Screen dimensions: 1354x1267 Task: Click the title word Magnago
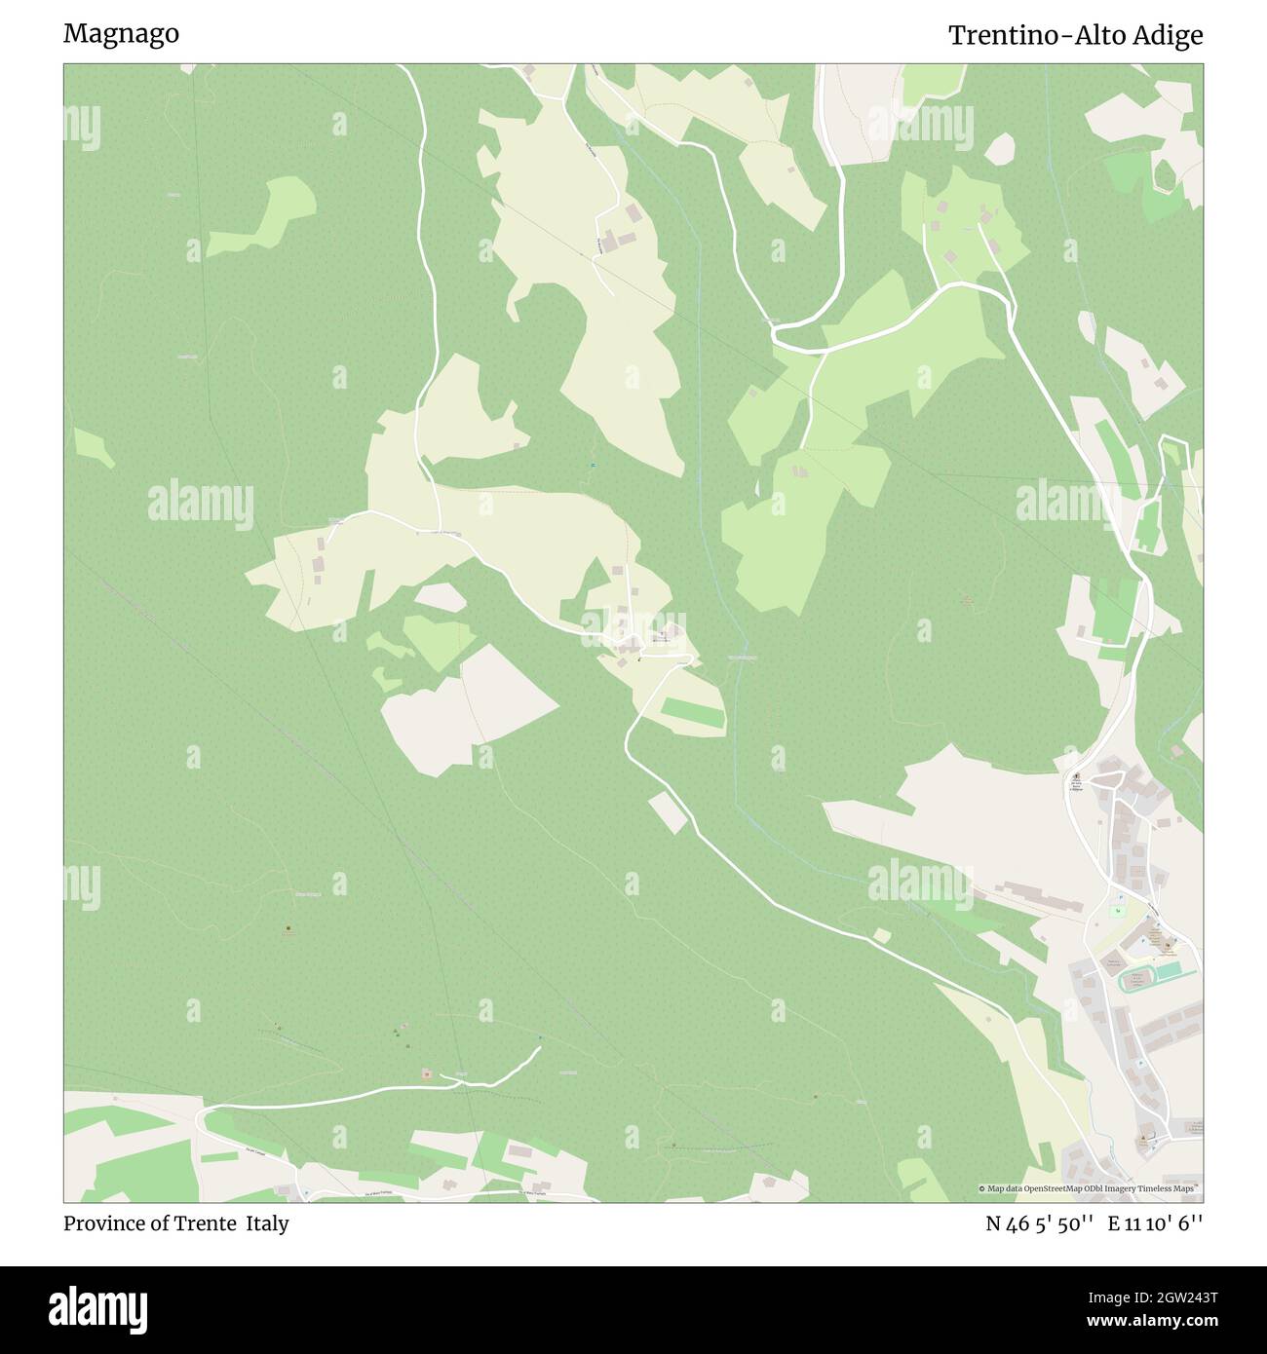(121, 33)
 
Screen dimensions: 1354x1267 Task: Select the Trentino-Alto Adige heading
(1075, 36)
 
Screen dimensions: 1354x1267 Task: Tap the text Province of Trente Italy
(175, 1223)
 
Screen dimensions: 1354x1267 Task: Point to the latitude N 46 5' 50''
(1040, 1223)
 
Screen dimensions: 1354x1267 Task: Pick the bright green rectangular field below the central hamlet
(693, 714)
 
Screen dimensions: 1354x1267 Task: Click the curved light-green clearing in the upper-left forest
(265, 215)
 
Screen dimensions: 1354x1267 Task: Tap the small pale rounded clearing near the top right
(1000, 149)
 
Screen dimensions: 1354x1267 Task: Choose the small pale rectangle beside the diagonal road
(669, 812)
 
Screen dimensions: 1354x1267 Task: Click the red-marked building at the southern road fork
(426, 1073)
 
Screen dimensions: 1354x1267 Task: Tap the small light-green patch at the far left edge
(94, 447)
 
